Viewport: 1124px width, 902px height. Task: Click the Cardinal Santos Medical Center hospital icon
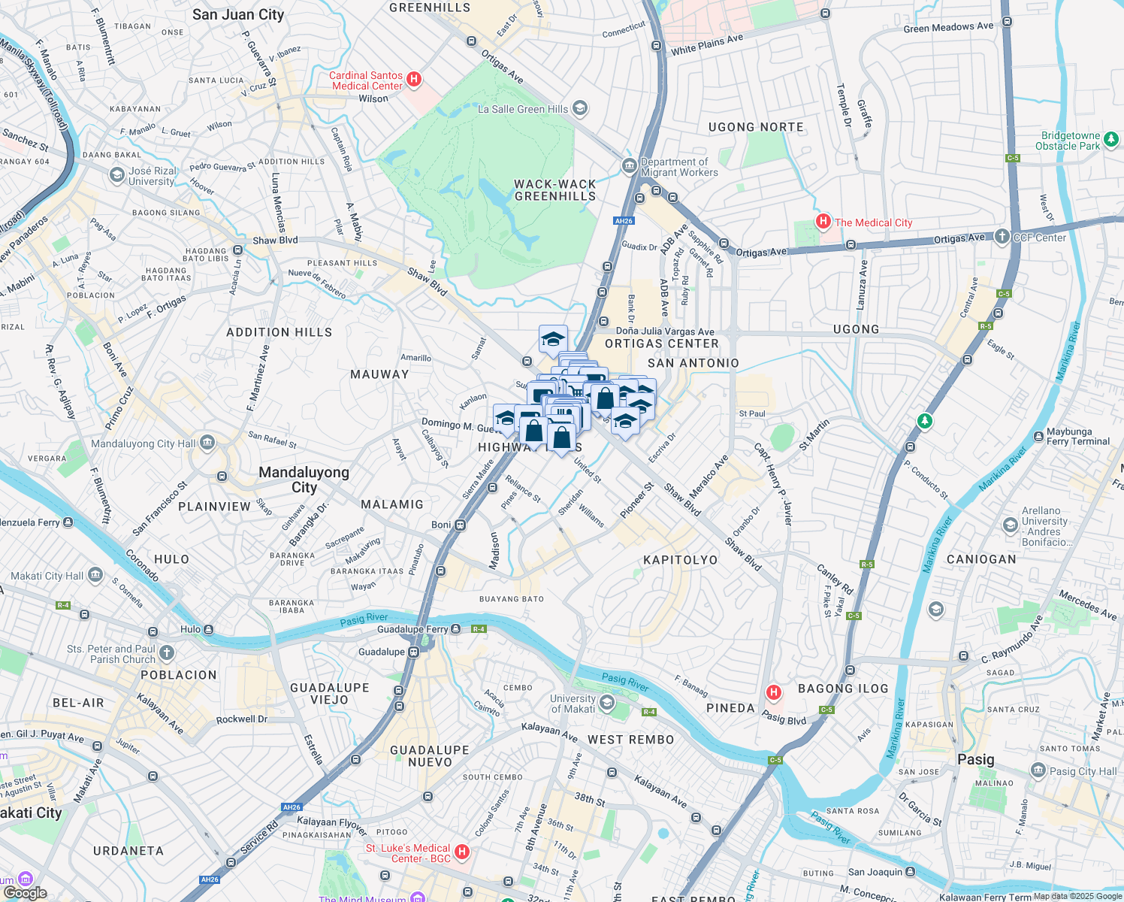point(413,79)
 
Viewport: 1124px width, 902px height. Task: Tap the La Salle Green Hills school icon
point(579,108)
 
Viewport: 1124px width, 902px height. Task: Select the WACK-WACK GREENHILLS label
point(554,190)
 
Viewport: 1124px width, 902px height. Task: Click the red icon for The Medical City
point(823,222)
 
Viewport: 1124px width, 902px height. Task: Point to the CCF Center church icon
point(1002,237)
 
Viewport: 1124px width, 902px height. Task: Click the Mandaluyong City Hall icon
point(207,443)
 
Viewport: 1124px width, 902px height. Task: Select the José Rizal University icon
point(117,175)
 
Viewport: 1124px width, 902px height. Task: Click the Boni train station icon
point(460,525)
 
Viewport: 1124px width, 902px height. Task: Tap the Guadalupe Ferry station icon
point(455,629)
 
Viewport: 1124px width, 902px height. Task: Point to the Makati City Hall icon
point(95,576)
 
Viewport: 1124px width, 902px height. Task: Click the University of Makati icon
point(607,703)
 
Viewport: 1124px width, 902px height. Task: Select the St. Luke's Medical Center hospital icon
point(463,852)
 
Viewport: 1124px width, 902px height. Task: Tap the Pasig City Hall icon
point(1038,770)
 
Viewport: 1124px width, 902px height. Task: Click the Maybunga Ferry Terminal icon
point(1038,436)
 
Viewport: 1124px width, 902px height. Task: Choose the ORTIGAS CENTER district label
point(661,344)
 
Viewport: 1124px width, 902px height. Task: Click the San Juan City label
point(238,14)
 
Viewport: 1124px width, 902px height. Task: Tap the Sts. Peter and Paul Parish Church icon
point(167,653)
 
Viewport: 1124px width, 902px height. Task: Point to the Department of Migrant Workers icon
point(629,166)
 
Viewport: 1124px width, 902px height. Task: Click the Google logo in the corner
point(25,893)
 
